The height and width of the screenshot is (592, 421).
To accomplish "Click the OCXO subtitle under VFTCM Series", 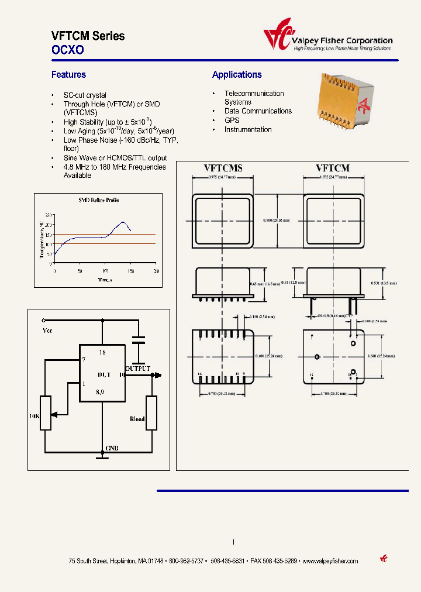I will (68, 50).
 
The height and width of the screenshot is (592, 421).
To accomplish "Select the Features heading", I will (68, 75).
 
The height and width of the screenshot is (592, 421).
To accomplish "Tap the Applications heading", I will (237, 75).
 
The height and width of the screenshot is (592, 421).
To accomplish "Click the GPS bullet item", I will (232, 121).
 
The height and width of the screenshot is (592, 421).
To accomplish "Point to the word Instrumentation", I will (248, 130).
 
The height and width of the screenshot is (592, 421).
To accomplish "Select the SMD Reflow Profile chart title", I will (98, 200).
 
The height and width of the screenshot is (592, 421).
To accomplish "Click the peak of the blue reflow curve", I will (123, 222).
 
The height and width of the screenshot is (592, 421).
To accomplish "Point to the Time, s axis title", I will (105, 280).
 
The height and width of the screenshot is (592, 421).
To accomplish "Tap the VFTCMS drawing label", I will (223, 168).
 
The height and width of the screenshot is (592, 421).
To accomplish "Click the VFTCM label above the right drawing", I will (332, 168).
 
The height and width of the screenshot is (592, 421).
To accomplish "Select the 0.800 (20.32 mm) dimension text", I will (277, 221).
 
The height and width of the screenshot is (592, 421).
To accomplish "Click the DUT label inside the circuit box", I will (104, 374).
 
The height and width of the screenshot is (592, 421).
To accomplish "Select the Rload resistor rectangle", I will (151, 413).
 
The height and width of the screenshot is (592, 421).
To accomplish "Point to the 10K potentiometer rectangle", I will (45, 413).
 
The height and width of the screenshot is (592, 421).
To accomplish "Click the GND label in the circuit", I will (112, 449).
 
